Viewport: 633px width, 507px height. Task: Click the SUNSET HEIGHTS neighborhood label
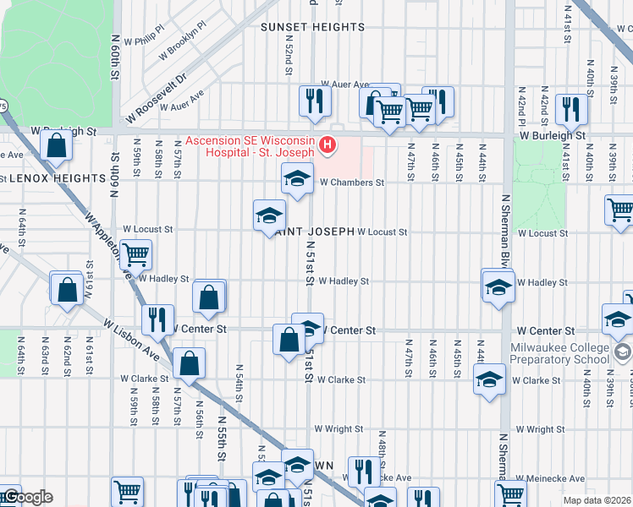pyautogui.click(x=312, y=27)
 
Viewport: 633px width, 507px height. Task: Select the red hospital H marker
pyautogui.click(x=328, y=145)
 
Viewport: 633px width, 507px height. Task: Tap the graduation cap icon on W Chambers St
pyautogui.click(x=296, y=178)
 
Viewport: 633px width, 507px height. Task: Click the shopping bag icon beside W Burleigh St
pyautogui.click(x=56, y=145)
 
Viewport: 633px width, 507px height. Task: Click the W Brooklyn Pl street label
pyautogui.click(x=183, y=43)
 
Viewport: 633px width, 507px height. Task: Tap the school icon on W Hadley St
pyautogui.click(x=498, y=286)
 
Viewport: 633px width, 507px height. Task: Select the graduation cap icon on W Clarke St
pyautogui.click(x=488, y=379)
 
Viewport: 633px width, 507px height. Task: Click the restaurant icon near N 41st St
pyautogui.click(x=573, y=107)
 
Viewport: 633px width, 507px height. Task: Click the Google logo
pyautogui.click(x=27, y=498)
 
